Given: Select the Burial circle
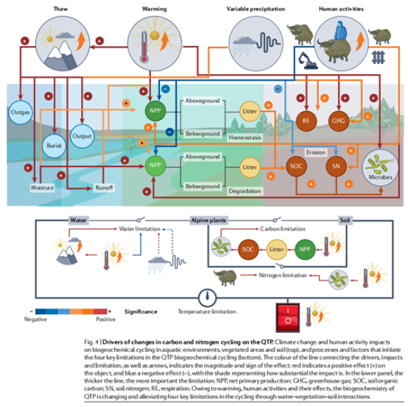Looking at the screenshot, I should (53, 146).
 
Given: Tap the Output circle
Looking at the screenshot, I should (82, 135).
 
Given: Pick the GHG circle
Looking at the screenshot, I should (338, 120).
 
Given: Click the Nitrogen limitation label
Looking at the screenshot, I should (286, 276).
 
